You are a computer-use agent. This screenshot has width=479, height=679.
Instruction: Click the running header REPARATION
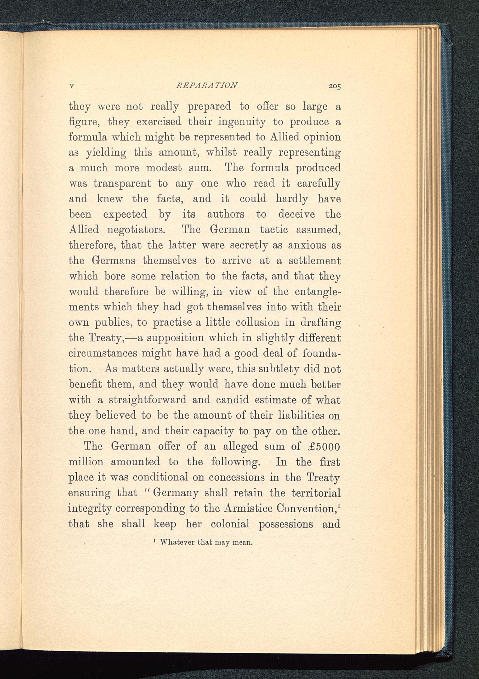[206, 85]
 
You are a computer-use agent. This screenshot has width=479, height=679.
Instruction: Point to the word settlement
[314, 260]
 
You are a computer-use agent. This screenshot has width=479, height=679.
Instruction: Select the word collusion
[257, 322]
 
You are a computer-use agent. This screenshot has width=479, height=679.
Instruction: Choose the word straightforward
[148, 400]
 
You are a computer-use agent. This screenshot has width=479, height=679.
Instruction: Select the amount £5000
[323, 446]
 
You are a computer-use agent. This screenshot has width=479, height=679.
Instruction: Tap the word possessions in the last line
[286, 524]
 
